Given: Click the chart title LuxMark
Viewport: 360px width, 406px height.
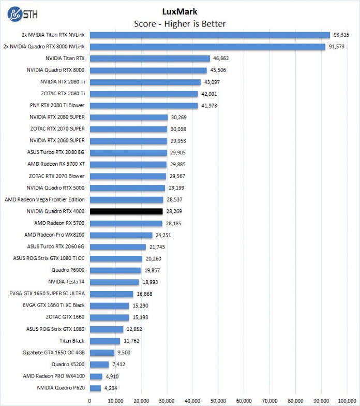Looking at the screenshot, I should coord(179,11).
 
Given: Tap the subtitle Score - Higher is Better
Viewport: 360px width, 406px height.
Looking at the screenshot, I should coord(179,23).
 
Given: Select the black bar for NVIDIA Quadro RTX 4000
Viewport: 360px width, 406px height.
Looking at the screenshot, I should coord(126,211).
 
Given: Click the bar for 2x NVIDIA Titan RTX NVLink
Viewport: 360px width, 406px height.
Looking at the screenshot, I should coord(209,35).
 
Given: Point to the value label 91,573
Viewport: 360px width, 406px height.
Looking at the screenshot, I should coord(340,47).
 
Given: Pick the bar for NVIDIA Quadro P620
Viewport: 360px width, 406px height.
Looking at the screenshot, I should coord(95,388).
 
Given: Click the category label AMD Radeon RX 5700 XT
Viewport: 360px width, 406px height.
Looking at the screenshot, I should coord(56,164).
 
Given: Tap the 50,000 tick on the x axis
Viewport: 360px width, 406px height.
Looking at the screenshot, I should coord(218,400).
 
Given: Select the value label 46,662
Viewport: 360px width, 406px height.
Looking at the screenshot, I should coord(223,59).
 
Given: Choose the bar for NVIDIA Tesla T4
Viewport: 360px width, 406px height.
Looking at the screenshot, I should coord(114,282).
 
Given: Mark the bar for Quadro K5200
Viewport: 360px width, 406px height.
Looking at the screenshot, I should coord(99,364).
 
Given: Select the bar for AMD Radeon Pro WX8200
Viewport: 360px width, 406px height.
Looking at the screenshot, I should coord(121,235).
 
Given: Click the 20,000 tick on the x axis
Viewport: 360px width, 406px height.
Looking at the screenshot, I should coord(141,400).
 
